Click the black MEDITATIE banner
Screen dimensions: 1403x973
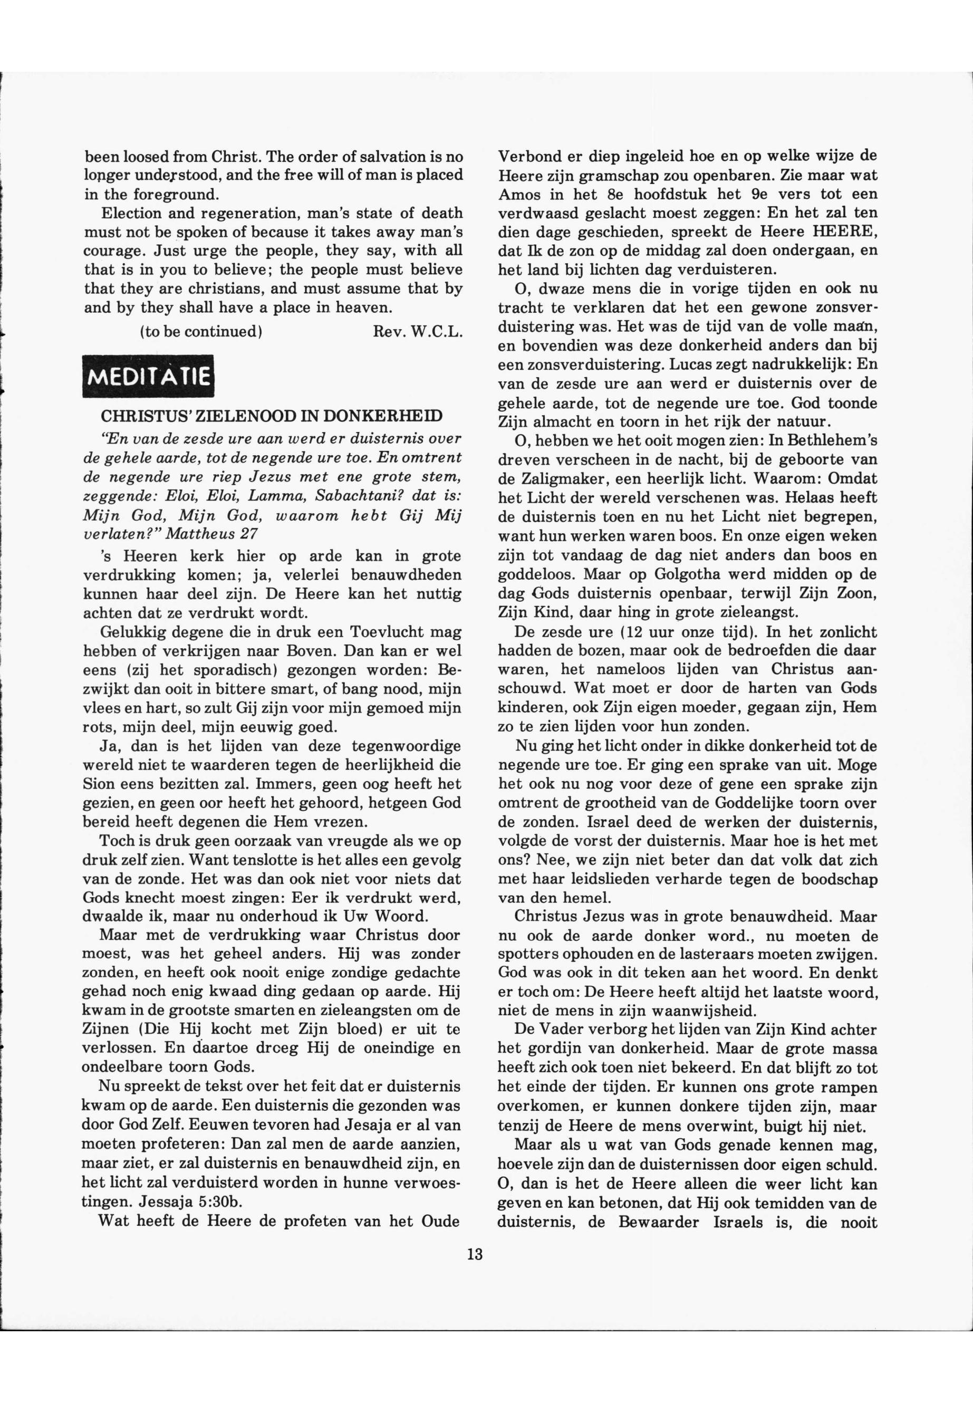tap(149, 376)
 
